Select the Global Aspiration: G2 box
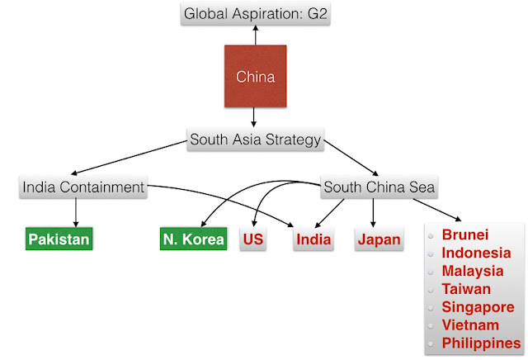[255, 14]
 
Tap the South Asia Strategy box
[255, 139]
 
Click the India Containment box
[82, 187]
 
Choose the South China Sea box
[379, 187]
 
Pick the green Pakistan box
[59, 239]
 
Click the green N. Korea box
[193, 239]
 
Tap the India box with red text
[313, 239]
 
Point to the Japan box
[379, 239]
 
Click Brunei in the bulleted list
[465, 234]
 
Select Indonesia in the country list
[474, 253]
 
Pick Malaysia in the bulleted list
[473, 271]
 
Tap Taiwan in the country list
[465, 289]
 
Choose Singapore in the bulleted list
[477, 307]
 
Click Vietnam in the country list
[470, 325]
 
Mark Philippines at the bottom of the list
[481, 343]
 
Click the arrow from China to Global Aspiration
[255, 35]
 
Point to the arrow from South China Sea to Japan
[374, 212]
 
